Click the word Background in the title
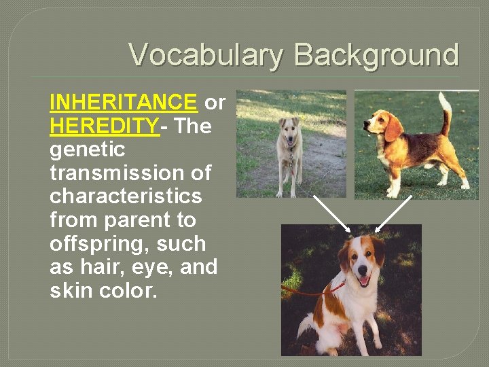coord(377,54)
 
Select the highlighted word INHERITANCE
coord(123,103)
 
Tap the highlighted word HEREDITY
coord(104,126)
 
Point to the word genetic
coord(88,150)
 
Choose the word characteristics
coord(126,196)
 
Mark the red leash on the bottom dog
coord(309,293)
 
